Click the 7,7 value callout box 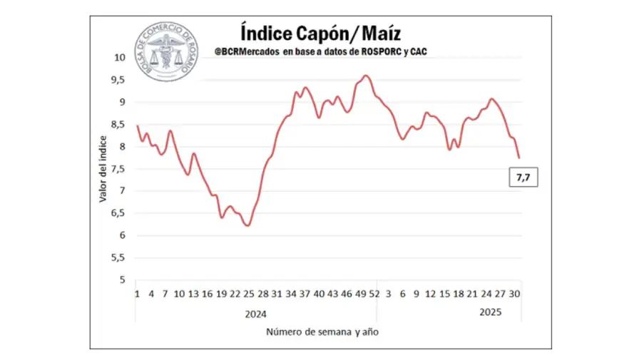coord(523,177)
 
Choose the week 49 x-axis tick coord(361,294)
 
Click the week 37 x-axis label coord(305,294)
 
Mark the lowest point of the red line coord(248,225)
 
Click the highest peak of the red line coord(365,76)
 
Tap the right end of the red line coord(519,158)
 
